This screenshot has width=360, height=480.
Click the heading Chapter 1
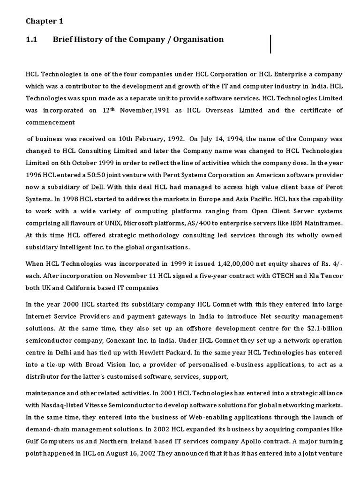pyautogui.click(x=44, y=22)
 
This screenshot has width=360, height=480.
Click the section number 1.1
pyautogui.click(x=31, y=39)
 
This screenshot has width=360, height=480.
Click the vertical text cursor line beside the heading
pyautogui.click(x=271, y=44)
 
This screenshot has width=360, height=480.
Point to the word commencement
pyautogui.click(x=50, y=122)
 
